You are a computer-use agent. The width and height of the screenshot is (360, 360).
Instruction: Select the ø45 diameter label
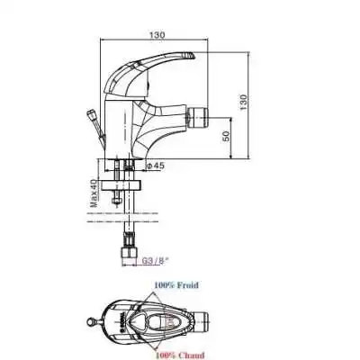click(154, 166)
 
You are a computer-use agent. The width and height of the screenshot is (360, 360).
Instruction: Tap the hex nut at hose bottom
click(131, 246)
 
